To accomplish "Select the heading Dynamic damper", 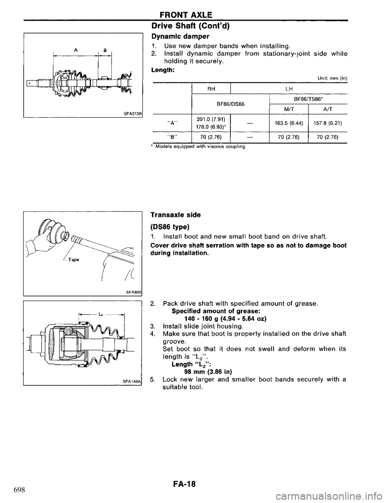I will coord(173,36).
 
